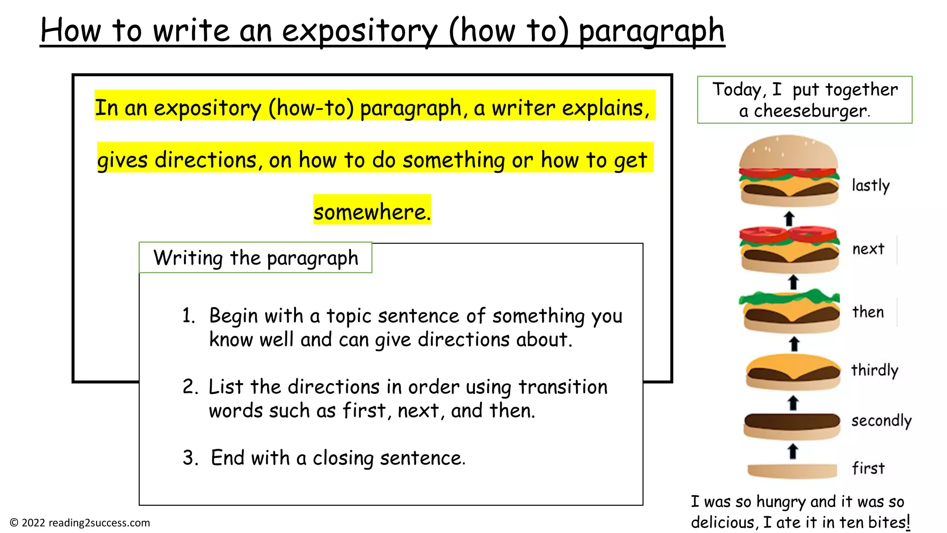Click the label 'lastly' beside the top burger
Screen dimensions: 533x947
pos(870,186)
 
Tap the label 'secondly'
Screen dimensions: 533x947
pos(881,421)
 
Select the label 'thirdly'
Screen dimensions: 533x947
pos(874,370)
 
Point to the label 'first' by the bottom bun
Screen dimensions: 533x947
pos(868,468)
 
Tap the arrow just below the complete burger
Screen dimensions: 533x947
pos(789,218)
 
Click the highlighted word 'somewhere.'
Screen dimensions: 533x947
pos(372,212)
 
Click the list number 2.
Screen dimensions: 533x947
pos(190,387)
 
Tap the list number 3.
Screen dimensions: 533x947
pos(190,458)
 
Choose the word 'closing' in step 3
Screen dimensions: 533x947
pos(343,458)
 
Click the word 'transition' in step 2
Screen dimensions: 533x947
pos(563,387)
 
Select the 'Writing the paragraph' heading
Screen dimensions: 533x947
pos(256,258)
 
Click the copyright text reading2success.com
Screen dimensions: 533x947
pos(80,523)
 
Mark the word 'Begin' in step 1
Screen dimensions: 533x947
pos(233,316)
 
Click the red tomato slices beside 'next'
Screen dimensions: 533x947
pos(788,233)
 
